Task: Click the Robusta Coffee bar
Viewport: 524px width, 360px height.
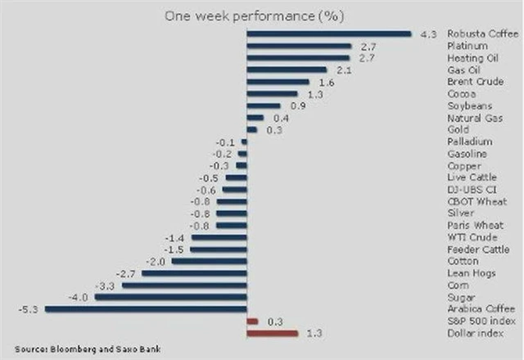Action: click(327, 34)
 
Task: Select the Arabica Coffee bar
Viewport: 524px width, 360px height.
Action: click(146, 308)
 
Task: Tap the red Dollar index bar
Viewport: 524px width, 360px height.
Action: click(272, 333)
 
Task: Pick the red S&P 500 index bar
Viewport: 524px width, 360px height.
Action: click(252, 321)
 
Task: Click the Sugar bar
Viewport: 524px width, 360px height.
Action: click(170, 297)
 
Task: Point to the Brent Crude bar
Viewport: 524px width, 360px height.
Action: click(278, 82)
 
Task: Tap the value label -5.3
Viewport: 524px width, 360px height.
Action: click(26, 309)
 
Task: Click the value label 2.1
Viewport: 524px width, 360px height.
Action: click(341, 70)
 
